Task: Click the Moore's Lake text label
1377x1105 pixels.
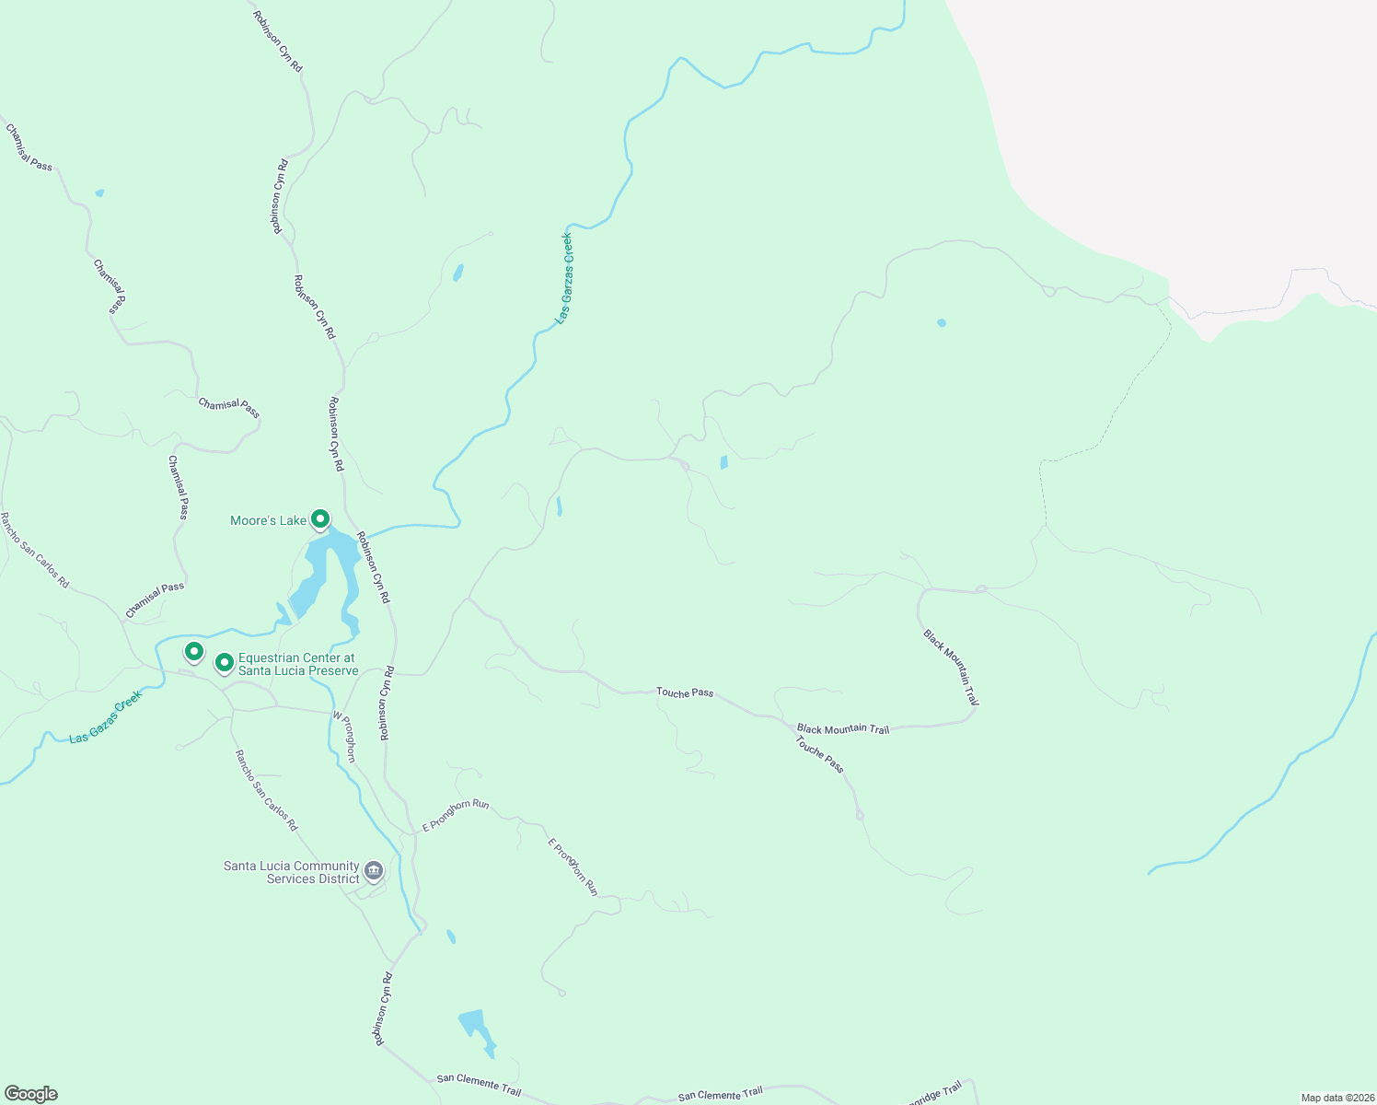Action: click(268, 521)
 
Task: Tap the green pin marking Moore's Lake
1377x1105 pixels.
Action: click(319, 519)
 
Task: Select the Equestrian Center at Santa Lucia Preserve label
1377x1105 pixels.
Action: click(297, 664)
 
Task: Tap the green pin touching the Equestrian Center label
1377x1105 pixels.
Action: click(224, 662)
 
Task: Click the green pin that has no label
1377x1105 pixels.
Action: click(193, 652)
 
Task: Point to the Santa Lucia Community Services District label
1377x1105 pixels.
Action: click(291, 872)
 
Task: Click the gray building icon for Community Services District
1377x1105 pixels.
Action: click(373, 870)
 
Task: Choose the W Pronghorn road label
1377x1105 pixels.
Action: click(343, 737)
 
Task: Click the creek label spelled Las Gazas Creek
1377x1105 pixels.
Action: click(106, 718)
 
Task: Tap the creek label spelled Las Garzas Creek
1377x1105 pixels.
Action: click(564, 278)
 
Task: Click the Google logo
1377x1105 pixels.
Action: click(30, 1094)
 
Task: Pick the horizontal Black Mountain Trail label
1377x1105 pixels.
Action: click(843, 729)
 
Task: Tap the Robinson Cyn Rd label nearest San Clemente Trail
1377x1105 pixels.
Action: click(382, 1009)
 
